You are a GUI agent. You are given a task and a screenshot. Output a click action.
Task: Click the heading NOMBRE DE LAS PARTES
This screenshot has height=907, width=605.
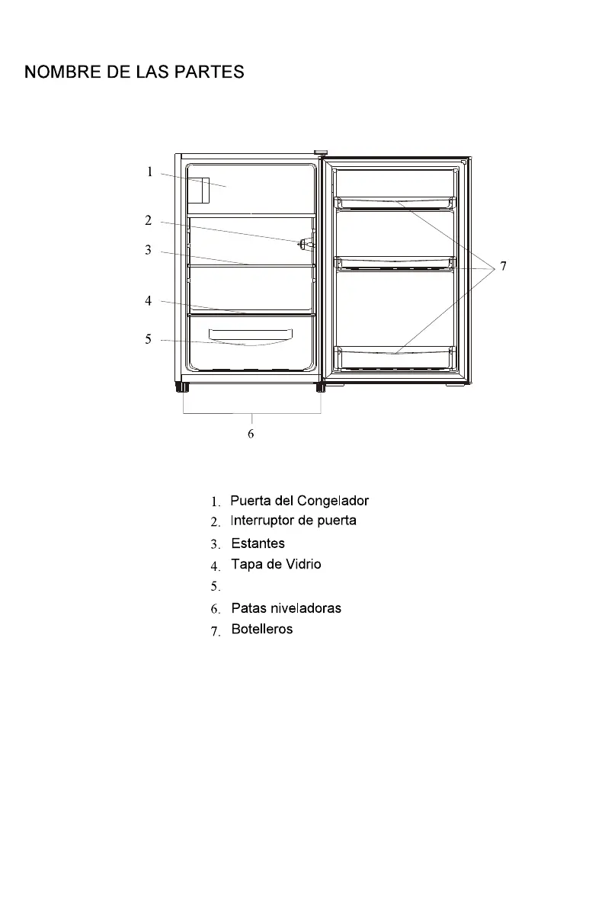134,72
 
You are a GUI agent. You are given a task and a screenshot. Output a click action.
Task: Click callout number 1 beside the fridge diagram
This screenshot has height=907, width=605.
150,172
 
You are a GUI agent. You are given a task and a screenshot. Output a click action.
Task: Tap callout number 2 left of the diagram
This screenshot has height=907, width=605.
149,221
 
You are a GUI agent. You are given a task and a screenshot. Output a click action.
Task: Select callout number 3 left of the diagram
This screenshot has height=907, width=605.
149,250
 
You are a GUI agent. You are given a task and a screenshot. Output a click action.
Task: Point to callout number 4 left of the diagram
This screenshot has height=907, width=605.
149,301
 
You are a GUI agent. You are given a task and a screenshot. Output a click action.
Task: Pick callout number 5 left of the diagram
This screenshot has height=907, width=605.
149,339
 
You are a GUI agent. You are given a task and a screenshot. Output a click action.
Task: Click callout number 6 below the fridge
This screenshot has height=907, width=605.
251,434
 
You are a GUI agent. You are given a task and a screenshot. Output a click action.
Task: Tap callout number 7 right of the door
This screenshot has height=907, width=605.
503,267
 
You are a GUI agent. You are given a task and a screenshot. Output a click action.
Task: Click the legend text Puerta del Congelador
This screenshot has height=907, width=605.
299,501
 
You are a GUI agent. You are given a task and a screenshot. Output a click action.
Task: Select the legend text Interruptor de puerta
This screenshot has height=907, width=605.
293,521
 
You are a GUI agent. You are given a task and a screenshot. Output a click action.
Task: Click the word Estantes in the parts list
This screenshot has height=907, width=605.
258,543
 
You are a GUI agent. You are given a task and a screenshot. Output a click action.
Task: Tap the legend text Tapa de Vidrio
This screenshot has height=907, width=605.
276,564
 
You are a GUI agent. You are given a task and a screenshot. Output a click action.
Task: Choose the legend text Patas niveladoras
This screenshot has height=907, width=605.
286,608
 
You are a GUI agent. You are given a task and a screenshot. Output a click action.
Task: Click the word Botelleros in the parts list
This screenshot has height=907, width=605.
261,630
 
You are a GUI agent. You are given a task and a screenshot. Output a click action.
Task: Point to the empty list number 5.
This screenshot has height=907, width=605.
216,587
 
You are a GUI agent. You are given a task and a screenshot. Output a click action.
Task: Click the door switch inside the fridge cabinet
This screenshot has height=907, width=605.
305,243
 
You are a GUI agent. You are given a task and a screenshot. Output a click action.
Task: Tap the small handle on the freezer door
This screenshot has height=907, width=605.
200,191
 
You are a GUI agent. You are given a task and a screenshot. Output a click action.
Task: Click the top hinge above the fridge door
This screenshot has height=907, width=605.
321,153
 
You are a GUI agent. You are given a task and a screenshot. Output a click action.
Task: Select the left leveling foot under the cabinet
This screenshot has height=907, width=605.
184,387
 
